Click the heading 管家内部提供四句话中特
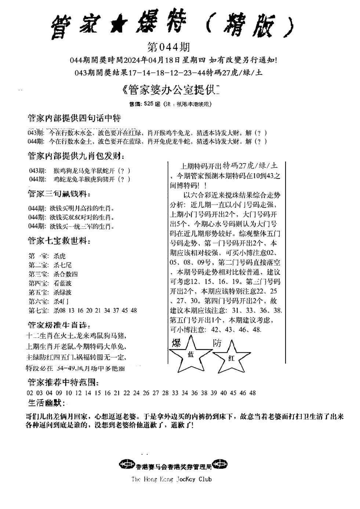pyautogui.click(x=74, y=118)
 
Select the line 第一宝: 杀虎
pyautogui.click(x=47, y=256)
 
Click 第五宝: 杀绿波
pyautogui.click(x=50, y=292)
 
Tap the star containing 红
pyautogui.click(x=231, y=358)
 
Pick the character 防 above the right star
pyautogui.click(x=217, y=343)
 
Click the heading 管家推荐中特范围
pyautogui.click(x=63, y=382)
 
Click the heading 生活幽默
pyautogui.click(x=47, y=403)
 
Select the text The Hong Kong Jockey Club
pyautogui.click(x=171, y=479)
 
